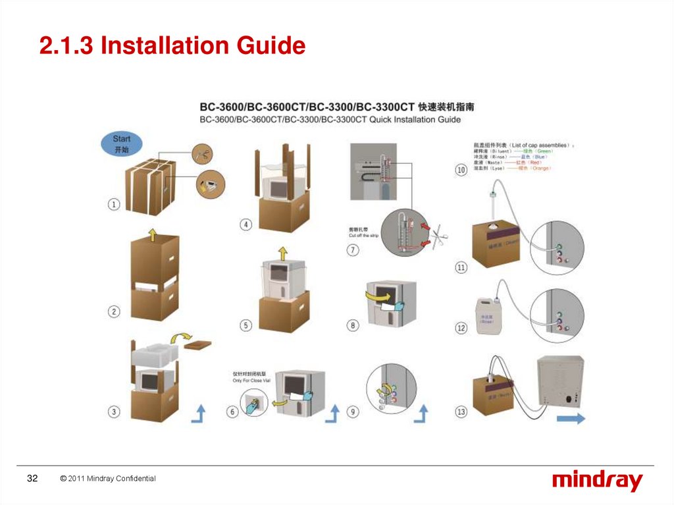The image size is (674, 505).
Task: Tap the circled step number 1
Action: (x=114, y=205)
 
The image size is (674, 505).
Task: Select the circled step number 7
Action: (x=353, y=251)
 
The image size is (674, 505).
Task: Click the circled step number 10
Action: (x=461, y=170)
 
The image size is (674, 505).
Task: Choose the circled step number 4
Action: (x=246, y=225)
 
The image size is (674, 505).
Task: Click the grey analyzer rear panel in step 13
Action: (x=560, y=381)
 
